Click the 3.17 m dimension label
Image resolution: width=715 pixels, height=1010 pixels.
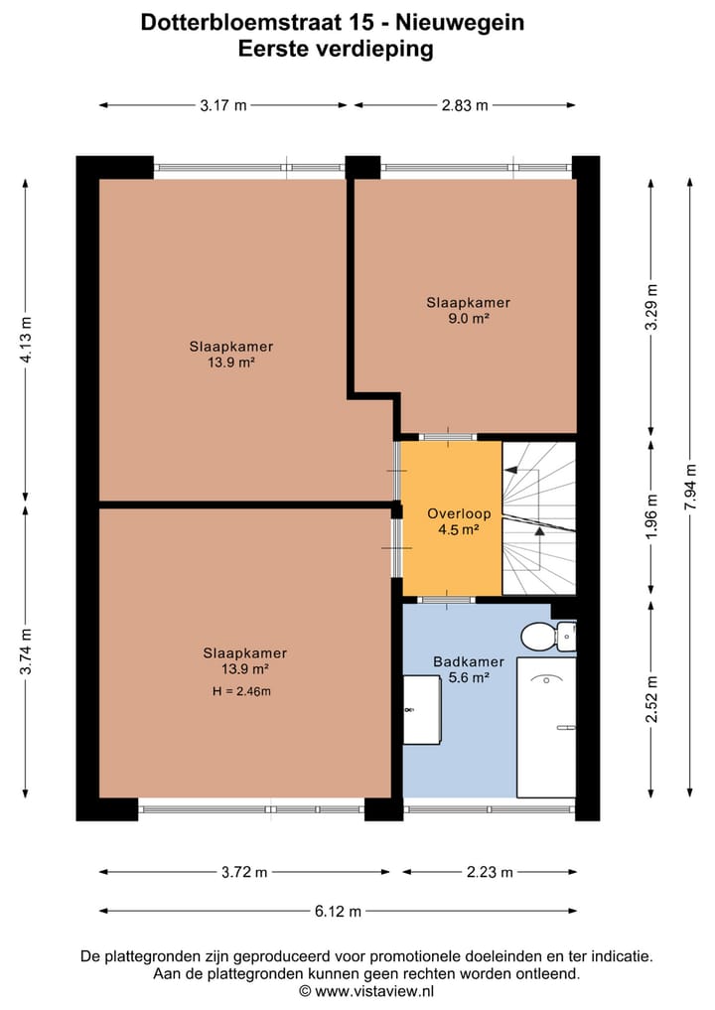click(x=222, y=105)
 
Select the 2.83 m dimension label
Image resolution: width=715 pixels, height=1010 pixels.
click(x=465, y=105)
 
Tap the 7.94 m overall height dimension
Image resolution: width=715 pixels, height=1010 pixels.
click(x=690, y=487)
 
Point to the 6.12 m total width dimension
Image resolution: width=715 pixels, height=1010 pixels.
click(x=338, y=911)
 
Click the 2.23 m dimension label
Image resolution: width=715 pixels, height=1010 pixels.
click(x=490, y=872)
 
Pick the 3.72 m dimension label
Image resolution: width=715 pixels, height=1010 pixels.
click(x=244, y=872)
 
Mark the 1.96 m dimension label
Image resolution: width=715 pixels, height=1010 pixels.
click(x=651, y=517)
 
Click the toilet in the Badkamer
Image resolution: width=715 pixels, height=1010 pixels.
click(x=547, y=637)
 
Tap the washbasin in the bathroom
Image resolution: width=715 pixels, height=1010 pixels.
click(x=422, y=709)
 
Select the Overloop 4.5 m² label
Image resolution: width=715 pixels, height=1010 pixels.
click(x=459, y=521)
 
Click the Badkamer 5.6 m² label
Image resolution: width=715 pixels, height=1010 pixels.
click(x=469, y=669)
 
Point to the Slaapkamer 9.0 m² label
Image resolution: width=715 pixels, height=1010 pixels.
click(x=469, y=310)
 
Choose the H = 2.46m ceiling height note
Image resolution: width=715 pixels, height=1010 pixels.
click(x=241, y=692)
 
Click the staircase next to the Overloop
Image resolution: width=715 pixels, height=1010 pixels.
click(x=538, y=517)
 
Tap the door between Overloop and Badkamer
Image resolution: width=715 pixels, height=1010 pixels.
click(x=446, y=600)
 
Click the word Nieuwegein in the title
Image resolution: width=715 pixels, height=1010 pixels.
click(x=459, y=23)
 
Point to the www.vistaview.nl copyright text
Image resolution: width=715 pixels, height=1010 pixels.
click(x=366, y=991)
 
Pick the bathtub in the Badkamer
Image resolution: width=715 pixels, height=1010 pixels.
click(x=546, y=727)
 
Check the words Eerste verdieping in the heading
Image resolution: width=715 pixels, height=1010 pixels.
click(x=335, y=49)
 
